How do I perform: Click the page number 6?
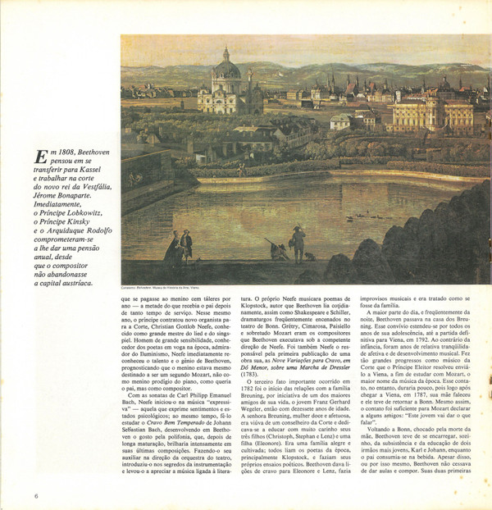tap(36, 495)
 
